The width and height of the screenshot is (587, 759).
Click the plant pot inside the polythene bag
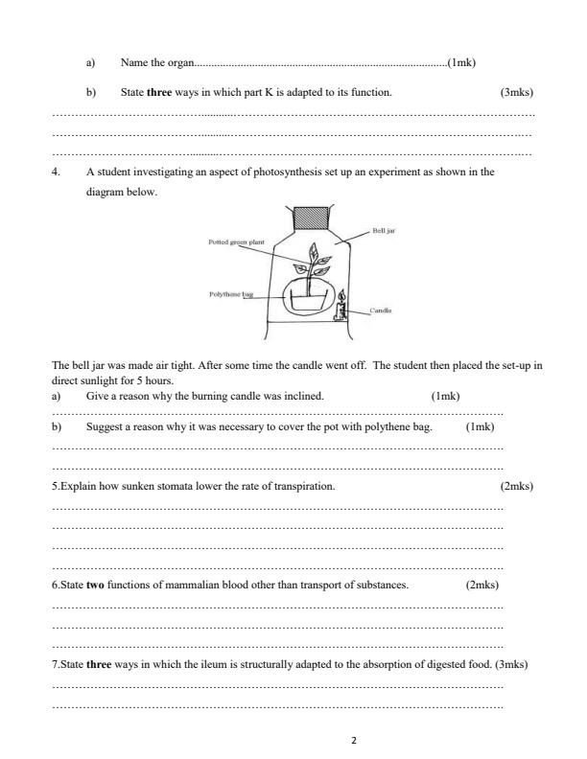pyautogui.click(x=306, y=301)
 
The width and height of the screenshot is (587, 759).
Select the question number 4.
pyautogui.click(x=57, y=172)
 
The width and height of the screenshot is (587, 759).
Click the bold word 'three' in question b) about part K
pyautogui.click(x=160, y=93)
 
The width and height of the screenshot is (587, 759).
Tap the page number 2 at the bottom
pyautogui.click(x=354, y=740)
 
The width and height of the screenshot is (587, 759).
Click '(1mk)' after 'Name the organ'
pyautogui.click(x=462, y=62)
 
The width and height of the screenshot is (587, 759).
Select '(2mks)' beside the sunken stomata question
pyautogui.click(x=517, y=486)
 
